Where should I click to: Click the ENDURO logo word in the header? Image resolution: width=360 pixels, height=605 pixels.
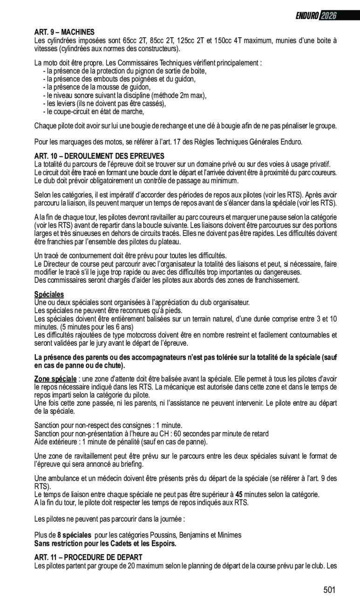point(306,16)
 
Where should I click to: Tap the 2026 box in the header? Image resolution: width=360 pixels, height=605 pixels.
point(328,16)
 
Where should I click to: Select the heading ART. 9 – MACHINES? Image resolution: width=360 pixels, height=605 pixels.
point(64,32)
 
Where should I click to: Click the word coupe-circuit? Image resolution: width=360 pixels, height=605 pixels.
point(68,111)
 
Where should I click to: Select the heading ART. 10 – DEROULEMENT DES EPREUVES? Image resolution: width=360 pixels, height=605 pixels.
point(99,156)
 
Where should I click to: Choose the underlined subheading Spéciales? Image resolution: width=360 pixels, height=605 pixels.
point(49,294)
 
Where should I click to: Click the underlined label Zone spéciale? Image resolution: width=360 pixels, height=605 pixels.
point(55,379)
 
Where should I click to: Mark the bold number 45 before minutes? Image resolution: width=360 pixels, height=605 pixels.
point(239,494)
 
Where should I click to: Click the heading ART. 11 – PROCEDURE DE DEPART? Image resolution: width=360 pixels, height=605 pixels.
point(88,557)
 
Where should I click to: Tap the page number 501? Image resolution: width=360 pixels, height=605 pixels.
point(329,590)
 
